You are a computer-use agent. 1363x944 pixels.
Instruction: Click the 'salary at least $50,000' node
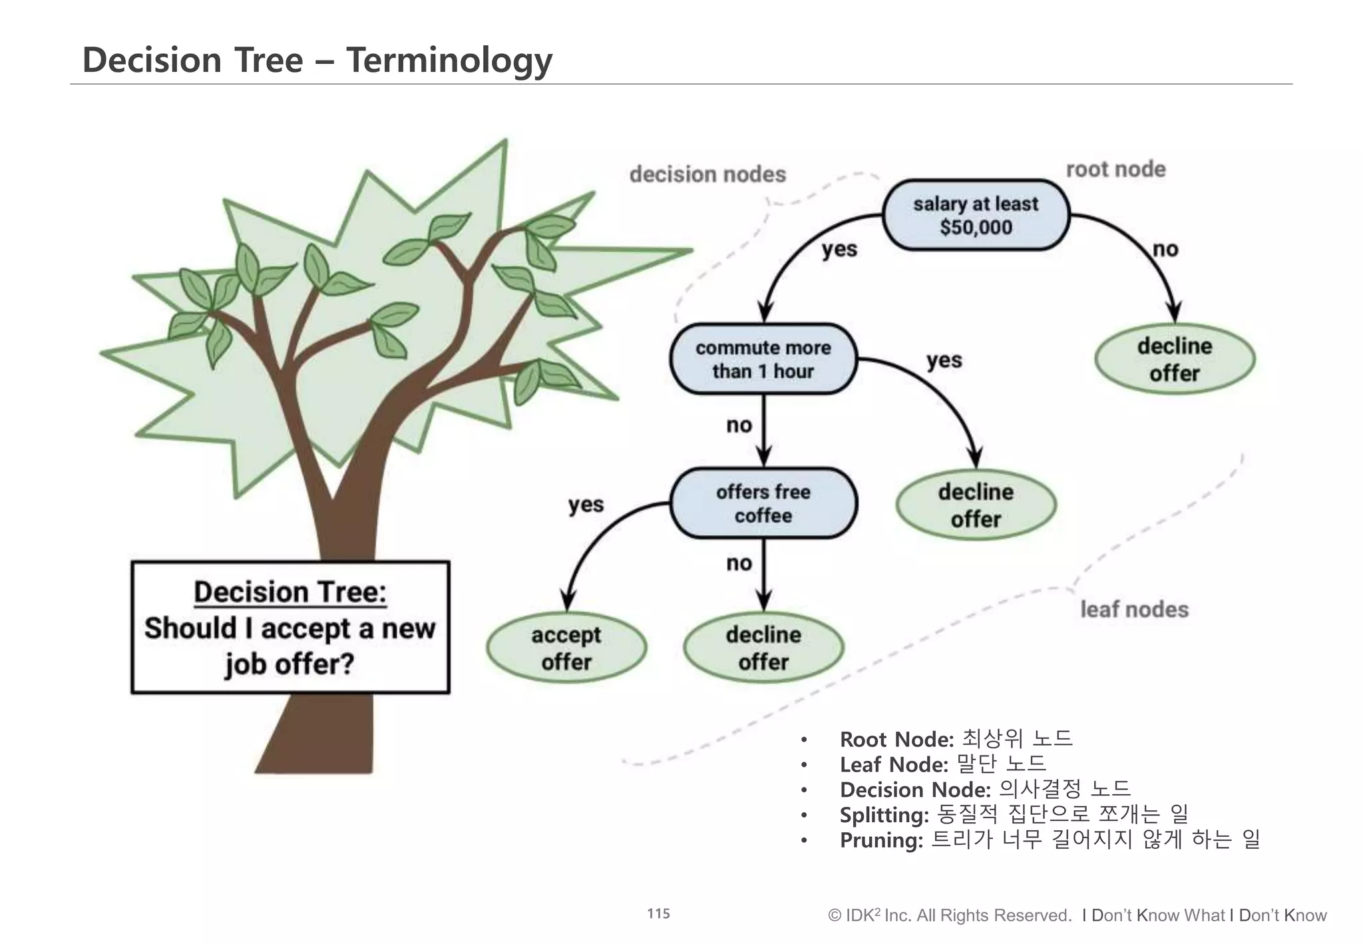[975, 215]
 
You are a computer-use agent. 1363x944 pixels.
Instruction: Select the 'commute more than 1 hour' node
[763, 359]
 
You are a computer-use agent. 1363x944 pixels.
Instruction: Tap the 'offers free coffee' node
[763, 503]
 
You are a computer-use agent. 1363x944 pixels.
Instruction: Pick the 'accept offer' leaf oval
[566, 648]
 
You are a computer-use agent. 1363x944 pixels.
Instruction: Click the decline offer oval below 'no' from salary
[1174, 359]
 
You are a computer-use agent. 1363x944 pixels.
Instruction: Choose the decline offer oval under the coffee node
[763, 648]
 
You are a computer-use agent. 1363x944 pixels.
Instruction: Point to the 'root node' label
[1115, 169]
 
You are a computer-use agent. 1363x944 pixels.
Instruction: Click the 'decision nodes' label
[707, 174]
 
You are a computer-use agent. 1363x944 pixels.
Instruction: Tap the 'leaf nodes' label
[1134, 609]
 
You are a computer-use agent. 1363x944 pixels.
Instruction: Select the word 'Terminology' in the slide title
[449, 60]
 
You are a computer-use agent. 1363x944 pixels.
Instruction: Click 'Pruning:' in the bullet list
[881, 840]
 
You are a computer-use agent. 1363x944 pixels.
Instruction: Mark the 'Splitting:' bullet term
[884, 815]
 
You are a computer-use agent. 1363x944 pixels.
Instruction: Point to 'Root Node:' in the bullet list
[896, 739]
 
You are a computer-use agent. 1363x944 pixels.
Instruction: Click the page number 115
[658, 913]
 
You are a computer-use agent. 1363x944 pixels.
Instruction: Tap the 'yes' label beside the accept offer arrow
[586, 505]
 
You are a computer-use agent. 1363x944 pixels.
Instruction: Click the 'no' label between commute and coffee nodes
[739, 425]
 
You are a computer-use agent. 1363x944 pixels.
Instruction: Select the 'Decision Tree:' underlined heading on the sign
[290, 592]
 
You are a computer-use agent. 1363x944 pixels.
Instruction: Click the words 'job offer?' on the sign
[290, 664]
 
